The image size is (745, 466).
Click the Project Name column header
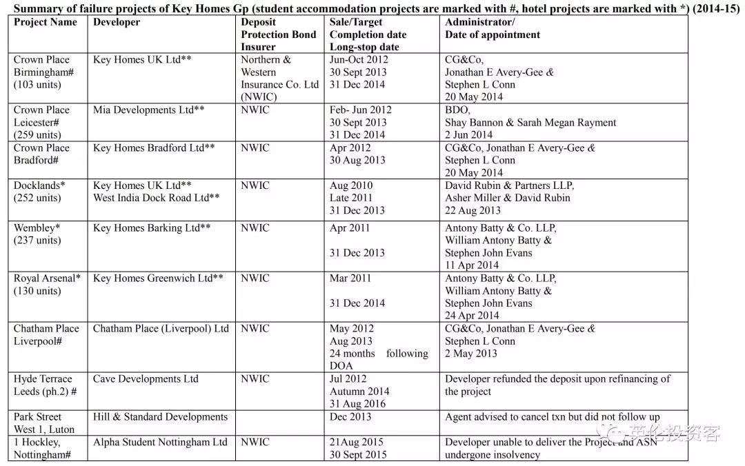pos(46,22)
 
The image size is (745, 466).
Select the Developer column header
pos(117,22)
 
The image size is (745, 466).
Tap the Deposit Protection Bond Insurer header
pos(278,34)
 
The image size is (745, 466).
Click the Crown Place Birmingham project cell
pos(42,72)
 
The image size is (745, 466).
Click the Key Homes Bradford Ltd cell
pos(154,148)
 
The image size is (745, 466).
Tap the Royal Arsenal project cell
pos(47,284)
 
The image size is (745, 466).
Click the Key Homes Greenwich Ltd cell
pos(158,278)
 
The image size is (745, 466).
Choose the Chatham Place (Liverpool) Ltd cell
pos(161,328)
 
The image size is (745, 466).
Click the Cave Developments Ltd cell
pos(146,378)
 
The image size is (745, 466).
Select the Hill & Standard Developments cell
pos(160,416)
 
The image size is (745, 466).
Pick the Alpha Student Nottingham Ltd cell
pos(160,442)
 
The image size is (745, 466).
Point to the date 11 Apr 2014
pos(472,265)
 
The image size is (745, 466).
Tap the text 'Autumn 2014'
pos(359,391)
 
